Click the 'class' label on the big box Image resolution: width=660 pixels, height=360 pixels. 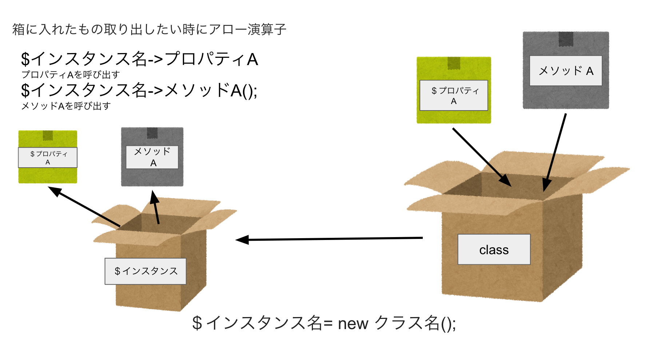[494, 249]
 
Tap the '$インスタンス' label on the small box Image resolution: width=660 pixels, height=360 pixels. [146, 271]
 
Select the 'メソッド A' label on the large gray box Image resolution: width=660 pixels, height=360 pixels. [565, 71]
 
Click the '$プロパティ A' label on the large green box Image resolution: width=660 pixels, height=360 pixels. [454, 95]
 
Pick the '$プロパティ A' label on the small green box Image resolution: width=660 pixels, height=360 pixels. [48, 157]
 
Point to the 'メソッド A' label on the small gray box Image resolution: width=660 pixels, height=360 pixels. [152, 157]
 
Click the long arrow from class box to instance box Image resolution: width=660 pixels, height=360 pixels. [329, 239]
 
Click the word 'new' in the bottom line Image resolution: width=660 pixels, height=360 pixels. [353, 323]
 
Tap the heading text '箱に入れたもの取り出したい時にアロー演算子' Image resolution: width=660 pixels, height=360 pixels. [149, 29]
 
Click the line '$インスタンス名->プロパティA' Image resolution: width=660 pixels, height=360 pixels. [139, 59]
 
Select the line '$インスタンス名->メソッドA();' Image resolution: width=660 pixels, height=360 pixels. [139, 90]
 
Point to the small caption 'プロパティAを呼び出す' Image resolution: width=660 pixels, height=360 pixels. [71, 75]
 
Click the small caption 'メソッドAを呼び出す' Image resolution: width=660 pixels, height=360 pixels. [66, 106]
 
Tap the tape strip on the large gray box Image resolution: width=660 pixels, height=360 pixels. [566, 39]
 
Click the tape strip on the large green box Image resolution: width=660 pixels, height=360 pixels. [454, 63]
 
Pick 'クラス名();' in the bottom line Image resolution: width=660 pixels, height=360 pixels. [415, 323]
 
